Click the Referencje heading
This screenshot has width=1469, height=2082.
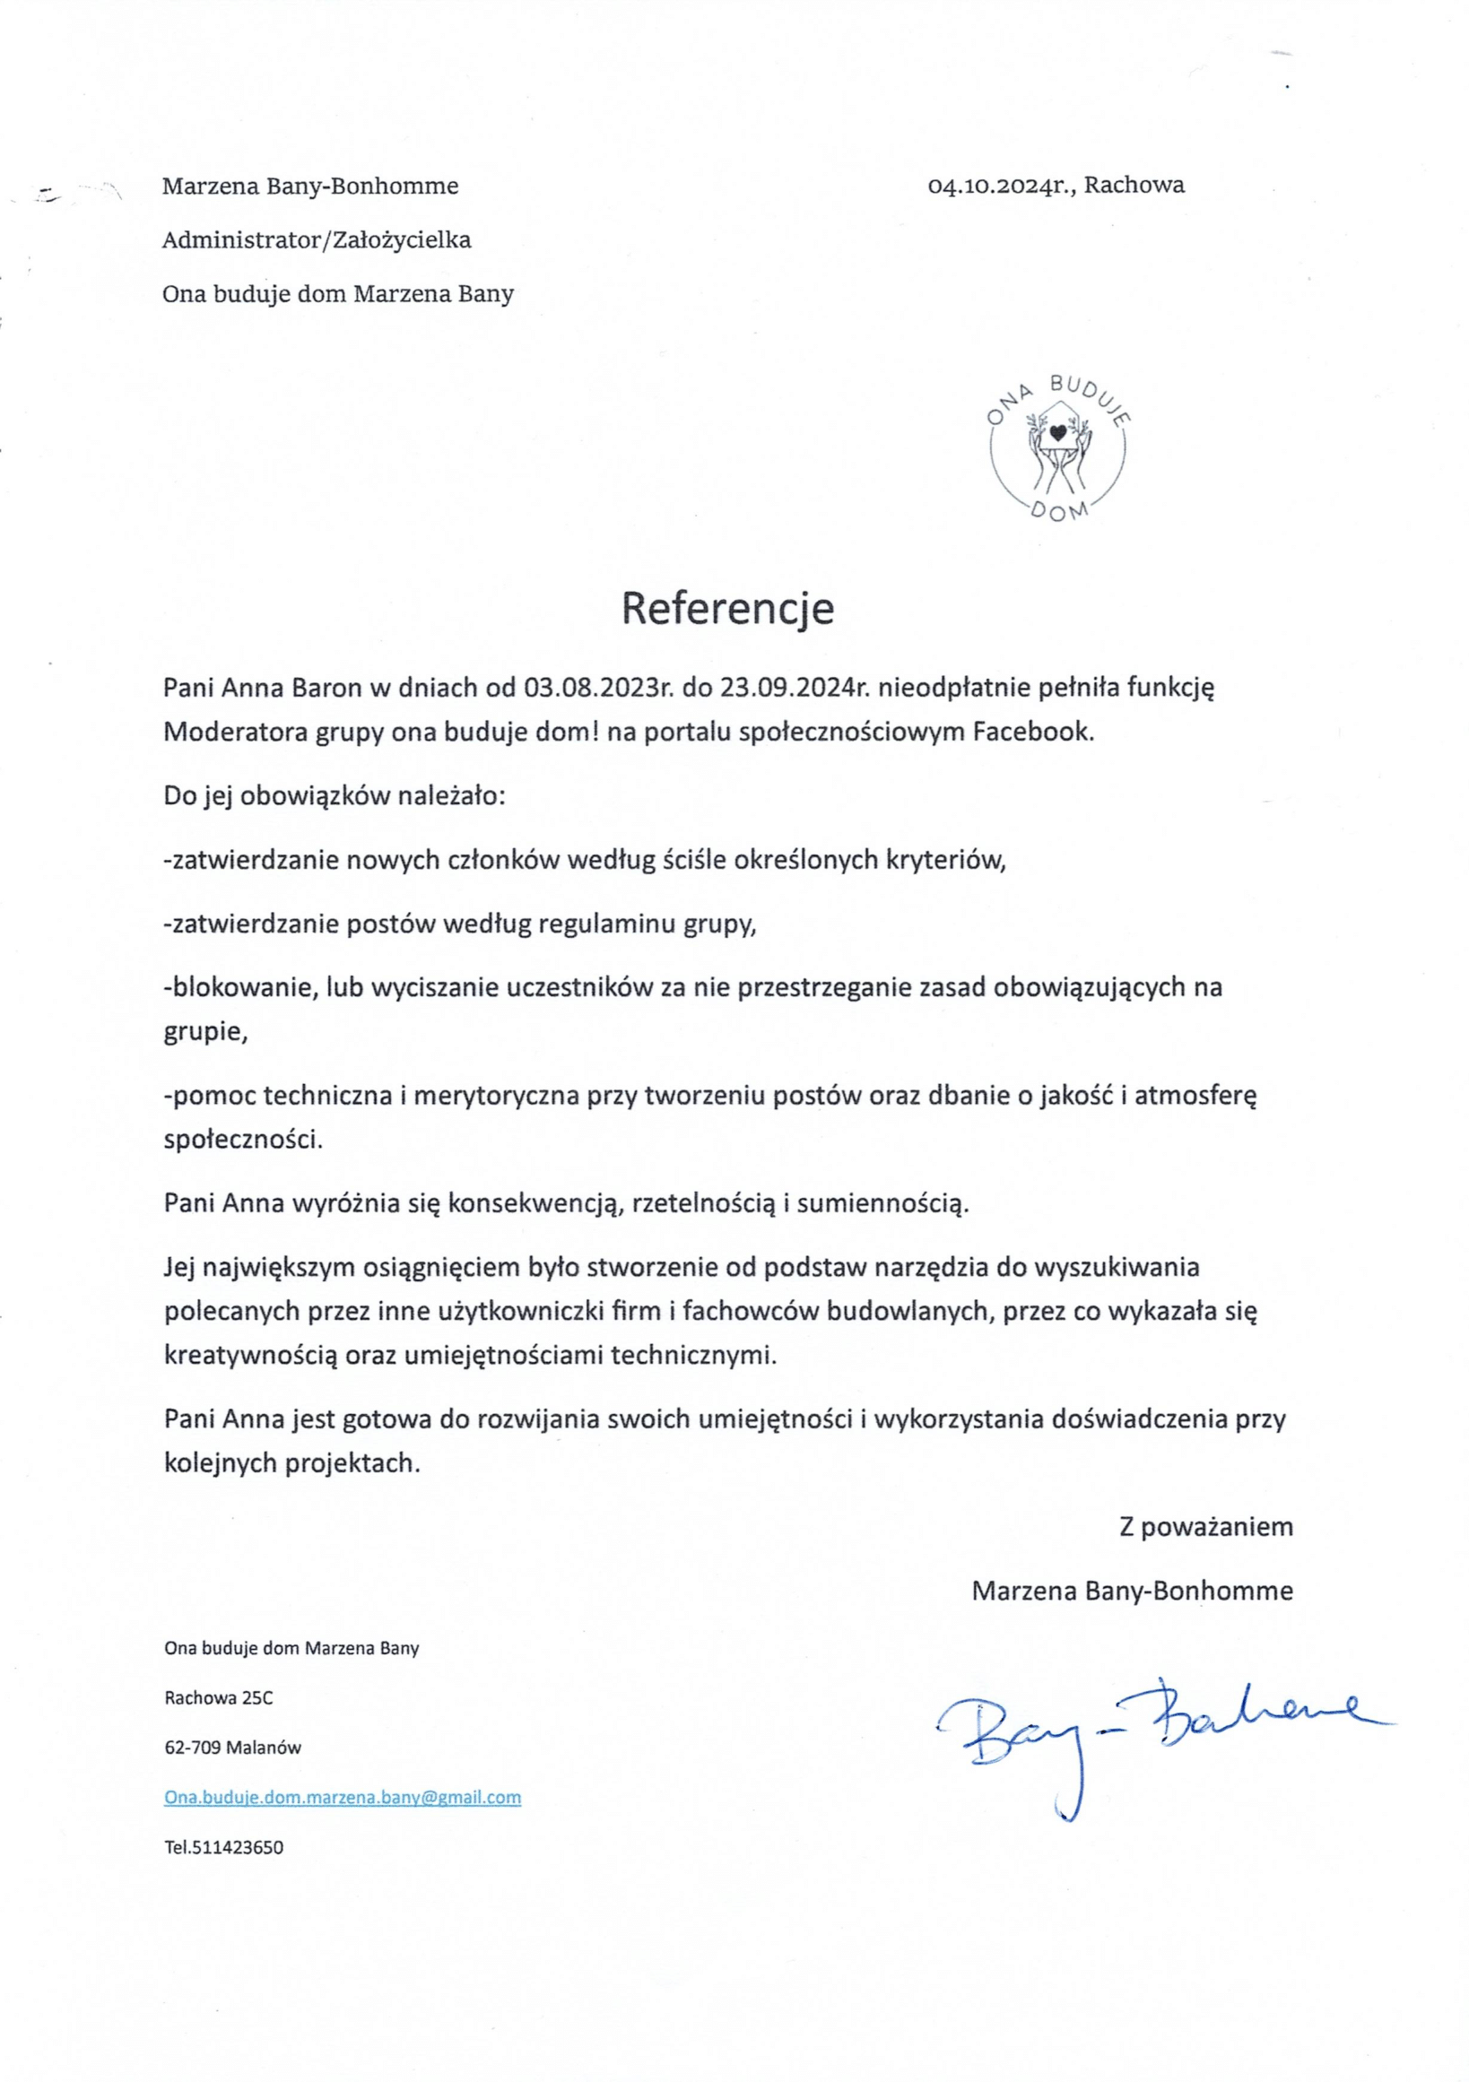[x=727, y=609]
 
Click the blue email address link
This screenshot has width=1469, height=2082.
[x=343, y=1797]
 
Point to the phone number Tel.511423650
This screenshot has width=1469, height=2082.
[x=224, y=1847]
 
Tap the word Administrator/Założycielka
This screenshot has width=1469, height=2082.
[x=317, y=240]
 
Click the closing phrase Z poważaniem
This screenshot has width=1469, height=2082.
[x=1206, y=1527]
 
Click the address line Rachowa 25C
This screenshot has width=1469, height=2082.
[x=219, y=1697]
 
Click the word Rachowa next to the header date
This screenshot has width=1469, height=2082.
[x=1134, y=186]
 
